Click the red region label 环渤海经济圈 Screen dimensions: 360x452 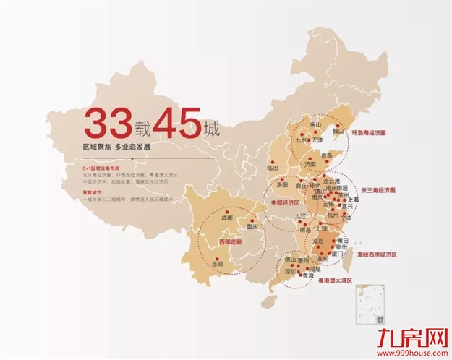pyautogui.click(x=377, y=133)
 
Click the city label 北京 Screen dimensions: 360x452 pyautogui.click(x=302, y=140)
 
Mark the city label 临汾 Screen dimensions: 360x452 pyautogui.click(x=273, y=168)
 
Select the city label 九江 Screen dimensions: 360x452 pyautogui.click(x=301, y=215)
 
